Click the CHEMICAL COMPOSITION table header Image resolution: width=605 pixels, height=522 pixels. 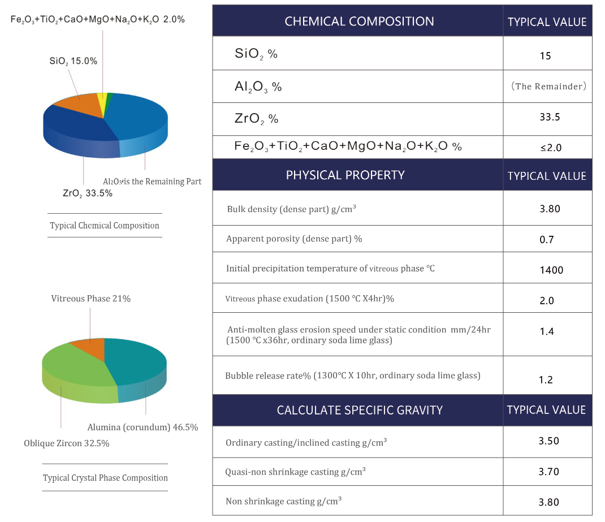(359, 21)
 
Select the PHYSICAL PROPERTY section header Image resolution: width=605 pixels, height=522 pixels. (345, 175)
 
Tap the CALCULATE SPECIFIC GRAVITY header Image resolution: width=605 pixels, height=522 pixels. (360, 410)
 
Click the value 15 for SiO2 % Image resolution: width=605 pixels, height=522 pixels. (546, 55)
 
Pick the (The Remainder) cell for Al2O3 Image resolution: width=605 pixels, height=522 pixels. (547, 87)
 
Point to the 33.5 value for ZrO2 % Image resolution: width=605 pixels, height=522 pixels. (546, 117)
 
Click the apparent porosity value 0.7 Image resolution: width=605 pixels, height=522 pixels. (547, 239)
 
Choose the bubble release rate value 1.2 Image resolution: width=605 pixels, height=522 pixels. (546, 379)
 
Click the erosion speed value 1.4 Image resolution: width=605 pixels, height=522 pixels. (547, 331)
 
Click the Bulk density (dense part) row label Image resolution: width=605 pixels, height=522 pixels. (291, 209)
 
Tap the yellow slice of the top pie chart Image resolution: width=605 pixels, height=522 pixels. (102, 100)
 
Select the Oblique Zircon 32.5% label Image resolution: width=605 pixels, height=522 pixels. (67, 443)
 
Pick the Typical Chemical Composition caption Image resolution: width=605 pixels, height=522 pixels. (105, 225)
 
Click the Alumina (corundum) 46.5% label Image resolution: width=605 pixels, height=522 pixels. (142, 428)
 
